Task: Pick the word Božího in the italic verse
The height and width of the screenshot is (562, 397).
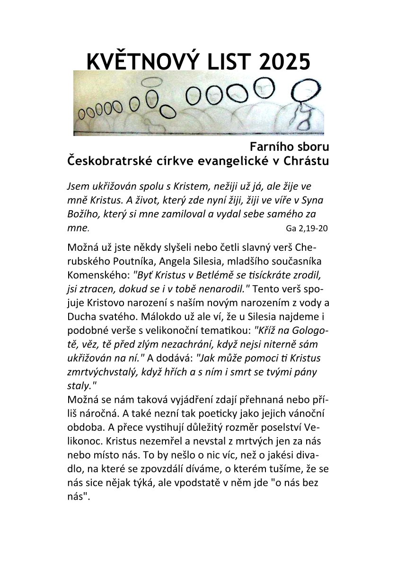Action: [x=83, y=213]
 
